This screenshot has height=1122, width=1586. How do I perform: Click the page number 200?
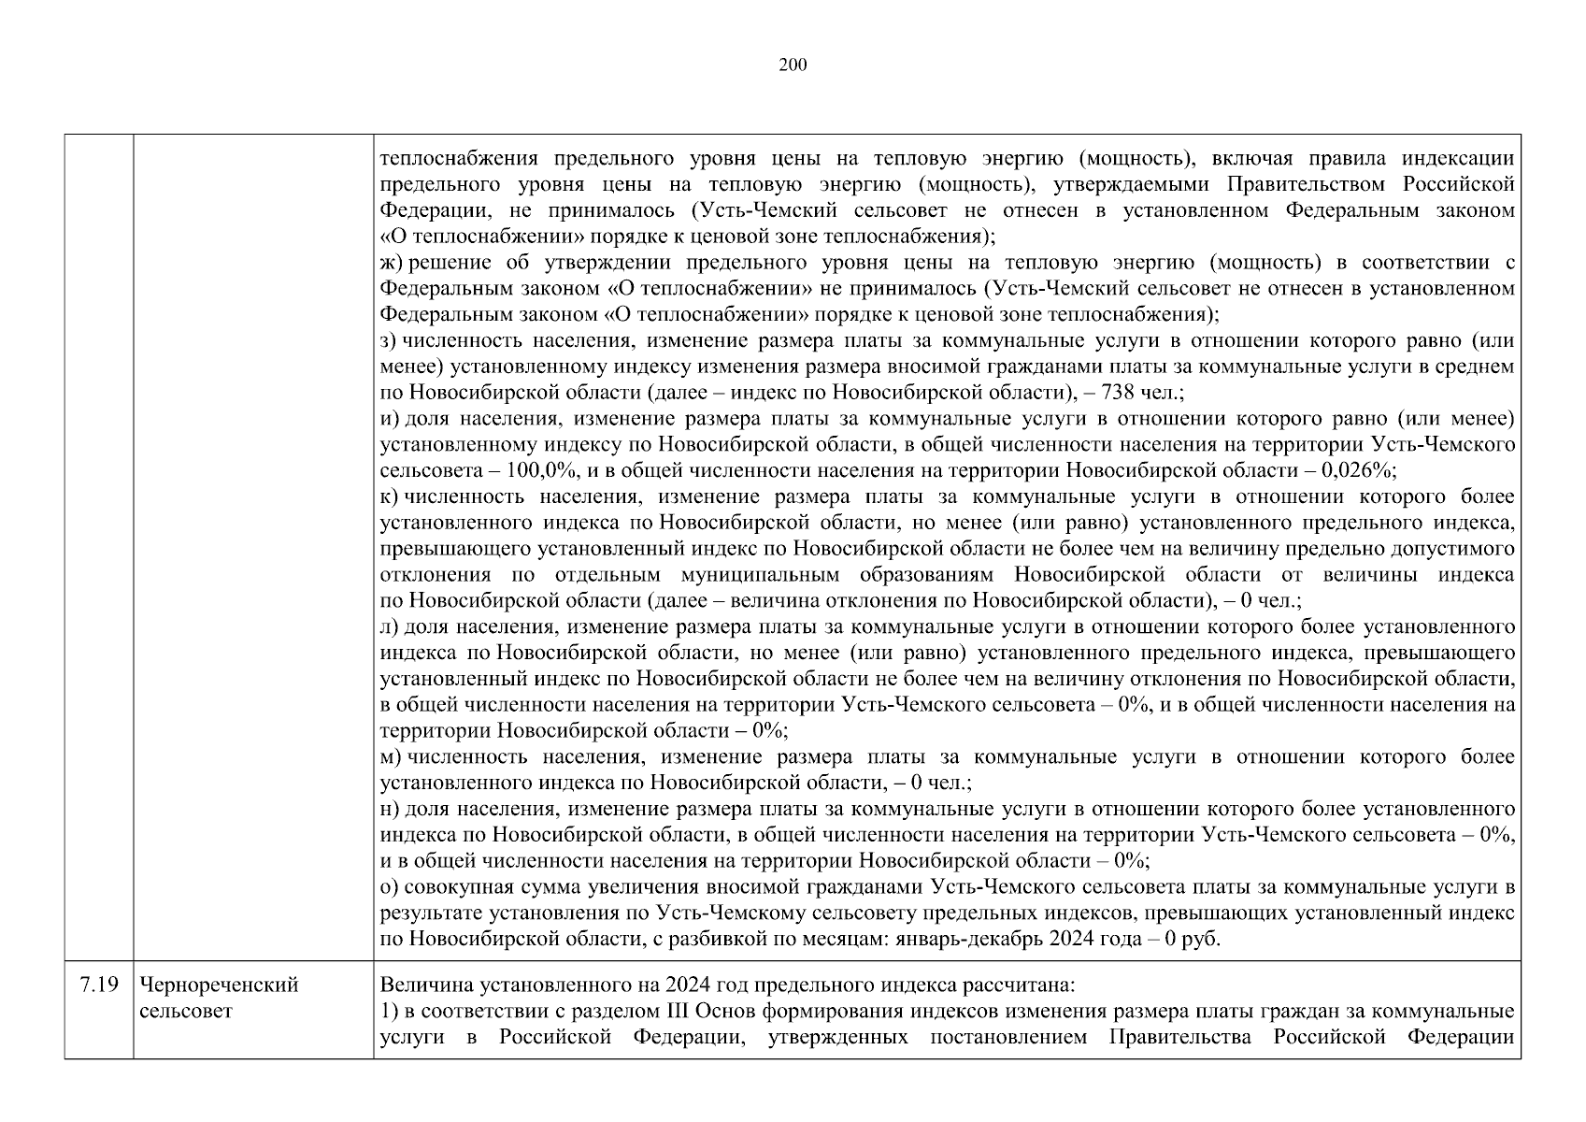click(x=793, y=65)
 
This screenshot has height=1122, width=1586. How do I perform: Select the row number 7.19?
click(x=99, y=985)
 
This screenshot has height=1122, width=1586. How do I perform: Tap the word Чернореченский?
click(x=219, y=985)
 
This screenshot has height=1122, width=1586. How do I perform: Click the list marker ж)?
click(x=392, y=263)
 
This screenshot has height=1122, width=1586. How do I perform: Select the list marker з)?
click(x=390, y=341)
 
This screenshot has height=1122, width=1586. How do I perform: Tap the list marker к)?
click(x=390, y=496)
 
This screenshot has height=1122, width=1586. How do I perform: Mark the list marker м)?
click(x=392, y=756)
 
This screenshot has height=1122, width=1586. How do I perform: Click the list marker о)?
click(x=390, y=886)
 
